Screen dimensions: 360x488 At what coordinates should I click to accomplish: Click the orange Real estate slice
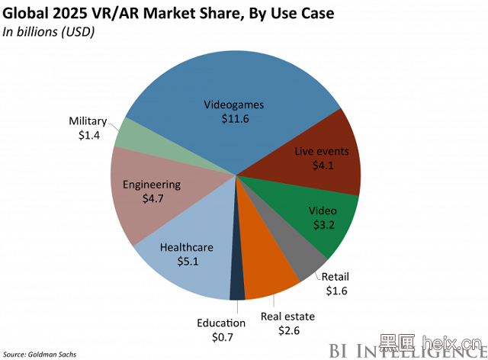[x=267, y=275]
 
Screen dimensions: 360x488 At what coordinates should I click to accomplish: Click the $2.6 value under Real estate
[x=287, y=330]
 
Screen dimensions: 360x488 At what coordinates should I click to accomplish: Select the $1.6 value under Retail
[x=335, y=291]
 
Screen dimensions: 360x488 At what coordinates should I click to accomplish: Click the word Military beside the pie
[x=88, y=122]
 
